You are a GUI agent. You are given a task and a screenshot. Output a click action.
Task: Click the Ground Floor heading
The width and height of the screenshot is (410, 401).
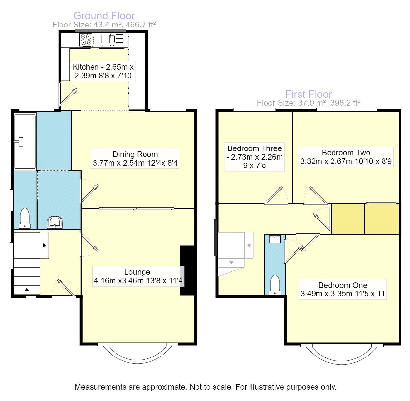104,16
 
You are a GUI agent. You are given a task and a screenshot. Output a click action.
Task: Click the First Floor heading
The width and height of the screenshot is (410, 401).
308,94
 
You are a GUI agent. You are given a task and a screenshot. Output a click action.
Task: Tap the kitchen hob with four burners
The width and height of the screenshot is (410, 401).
87,40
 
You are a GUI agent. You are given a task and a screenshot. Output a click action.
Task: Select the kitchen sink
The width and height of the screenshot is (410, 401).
106,39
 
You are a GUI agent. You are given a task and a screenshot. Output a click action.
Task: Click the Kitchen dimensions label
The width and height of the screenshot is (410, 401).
103,71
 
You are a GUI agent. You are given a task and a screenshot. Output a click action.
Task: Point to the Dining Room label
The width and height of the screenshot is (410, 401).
135,159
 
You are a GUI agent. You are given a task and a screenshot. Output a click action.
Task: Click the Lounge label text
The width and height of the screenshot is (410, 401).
138,276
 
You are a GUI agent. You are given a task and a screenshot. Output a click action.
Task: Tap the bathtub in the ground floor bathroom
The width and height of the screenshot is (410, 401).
25,141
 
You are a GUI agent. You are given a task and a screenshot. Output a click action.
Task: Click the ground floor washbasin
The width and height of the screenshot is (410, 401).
55,222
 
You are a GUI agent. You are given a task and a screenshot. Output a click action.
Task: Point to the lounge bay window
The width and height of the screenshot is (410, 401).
137,353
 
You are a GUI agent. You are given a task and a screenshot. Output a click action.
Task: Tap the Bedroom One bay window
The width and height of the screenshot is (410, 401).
342,354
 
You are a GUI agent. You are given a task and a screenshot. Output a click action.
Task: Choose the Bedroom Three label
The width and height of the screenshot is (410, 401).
254,157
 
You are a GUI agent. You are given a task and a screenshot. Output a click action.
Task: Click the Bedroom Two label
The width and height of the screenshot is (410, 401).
346,157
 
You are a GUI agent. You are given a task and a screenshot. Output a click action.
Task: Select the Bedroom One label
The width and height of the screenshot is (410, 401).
343,289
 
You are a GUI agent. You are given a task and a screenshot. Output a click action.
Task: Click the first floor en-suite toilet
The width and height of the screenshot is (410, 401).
275,284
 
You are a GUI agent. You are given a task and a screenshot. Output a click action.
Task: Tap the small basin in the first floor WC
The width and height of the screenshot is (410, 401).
275,239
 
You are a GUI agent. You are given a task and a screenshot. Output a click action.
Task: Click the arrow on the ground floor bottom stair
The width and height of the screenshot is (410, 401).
26,290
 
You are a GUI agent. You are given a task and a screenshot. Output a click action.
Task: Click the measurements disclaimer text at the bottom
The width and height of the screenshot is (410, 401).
205,387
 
